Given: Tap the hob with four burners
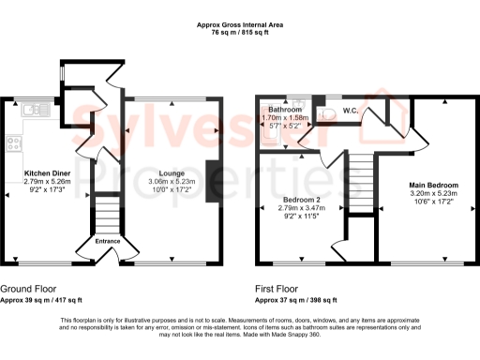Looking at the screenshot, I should [x=14, y=144].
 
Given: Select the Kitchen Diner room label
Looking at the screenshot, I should [x=47, y=173].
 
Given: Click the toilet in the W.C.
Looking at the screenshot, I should [x=326, y=112].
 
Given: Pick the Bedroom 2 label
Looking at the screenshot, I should [x=302, y=200].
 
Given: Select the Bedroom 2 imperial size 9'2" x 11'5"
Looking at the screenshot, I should [x=302, y=217].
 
